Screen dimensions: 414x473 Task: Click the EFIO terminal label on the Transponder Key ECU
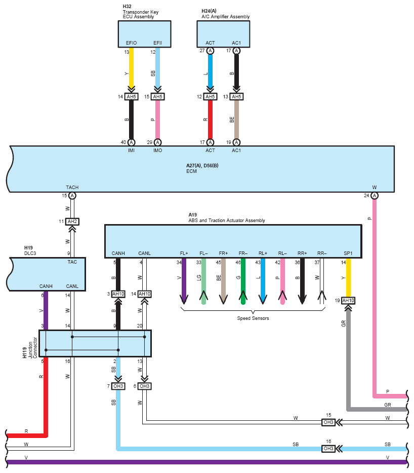(131, 43)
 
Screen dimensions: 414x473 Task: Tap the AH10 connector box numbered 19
(348, 301)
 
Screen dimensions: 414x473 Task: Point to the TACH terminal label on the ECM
(72, 188)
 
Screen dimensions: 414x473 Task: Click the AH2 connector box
(72, 222)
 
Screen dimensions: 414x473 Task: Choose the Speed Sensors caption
(253, 318)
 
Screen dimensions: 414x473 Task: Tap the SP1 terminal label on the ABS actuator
(348, 253)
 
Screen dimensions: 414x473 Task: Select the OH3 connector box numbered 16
(328, 449)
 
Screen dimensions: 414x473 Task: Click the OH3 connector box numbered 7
(118, 386)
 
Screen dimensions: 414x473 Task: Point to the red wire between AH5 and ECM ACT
(210, 120)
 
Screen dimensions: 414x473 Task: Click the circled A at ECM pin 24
(374, 196)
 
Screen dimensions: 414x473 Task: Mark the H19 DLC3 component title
(30, 250)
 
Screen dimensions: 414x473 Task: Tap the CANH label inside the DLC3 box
(46, 286)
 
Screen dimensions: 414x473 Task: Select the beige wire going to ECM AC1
(237, 120)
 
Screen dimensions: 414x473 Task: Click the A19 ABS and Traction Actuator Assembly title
(227, 217)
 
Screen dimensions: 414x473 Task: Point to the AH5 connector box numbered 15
(157, 96)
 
